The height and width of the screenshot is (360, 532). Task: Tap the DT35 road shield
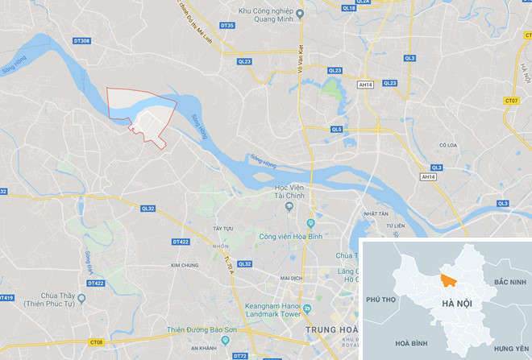[227, 26]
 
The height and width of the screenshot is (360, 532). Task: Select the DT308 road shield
[81, 40]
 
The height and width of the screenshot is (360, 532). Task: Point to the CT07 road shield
[510, 101]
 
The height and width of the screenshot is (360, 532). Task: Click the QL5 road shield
[336, 129]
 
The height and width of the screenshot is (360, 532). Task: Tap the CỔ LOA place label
[448, 146]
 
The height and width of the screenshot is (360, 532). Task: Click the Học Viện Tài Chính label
[289, 193]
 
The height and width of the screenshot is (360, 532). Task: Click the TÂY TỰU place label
[222, 229]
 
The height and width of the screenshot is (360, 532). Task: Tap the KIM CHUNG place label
[185, 264]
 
